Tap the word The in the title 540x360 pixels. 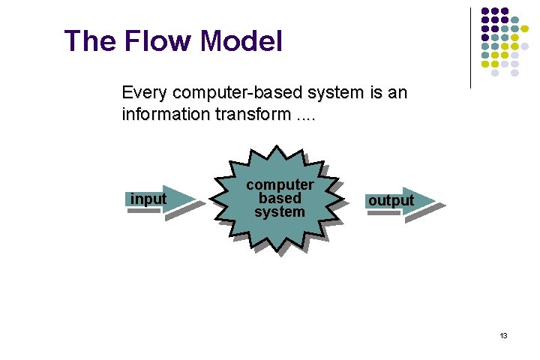(88, 40)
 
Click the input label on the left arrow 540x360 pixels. (148, 199)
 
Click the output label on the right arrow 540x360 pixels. (390, 201)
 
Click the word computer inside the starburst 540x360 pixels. (280, 184)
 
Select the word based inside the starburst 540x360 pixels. (280, 198)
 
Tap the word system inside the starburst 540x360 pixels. (280, 211)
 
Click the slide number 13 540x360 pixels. (503, 335)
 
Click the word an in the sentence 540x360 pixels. (397, 93)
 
